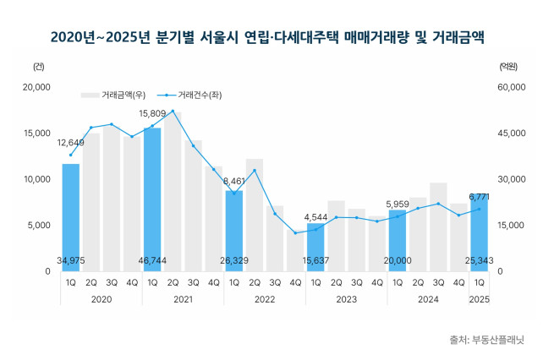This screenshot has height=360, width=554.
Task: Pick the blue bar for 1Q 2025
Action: [479, 232]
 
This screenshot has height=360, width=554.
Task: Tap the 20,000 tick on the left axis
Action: [37, 87]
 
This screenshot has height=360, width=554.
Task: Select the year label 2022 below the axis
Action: [265, 299]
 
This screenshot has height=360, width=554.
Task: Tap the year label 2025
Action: [479, 299]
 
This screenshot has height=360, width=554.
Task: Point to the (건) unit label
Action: [39, 66]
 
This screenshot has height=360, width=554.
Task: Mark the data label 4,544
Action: [315, 215]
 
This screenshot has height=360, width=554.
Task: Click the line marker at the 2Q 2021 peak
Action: [173, 111]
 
